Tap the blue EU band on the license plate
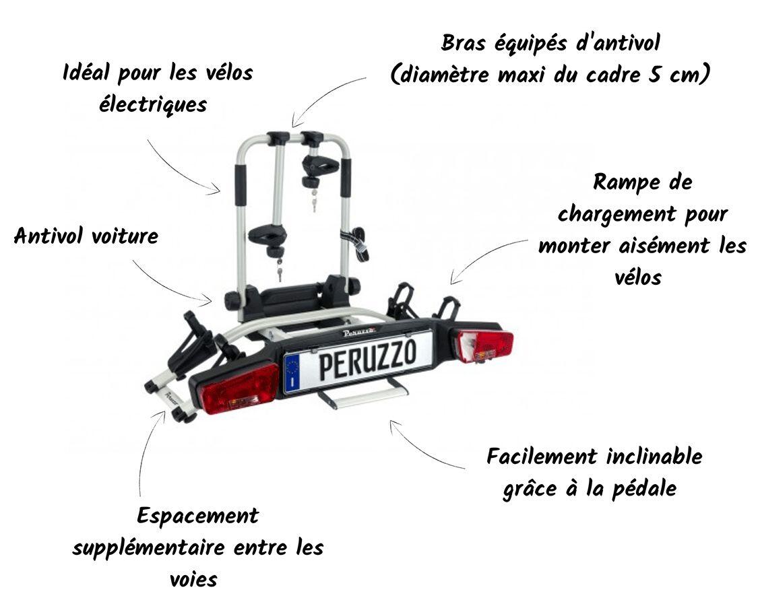tap(292, 372)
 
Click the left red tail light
tap(240, 389)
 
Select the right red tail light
tap(485, 346)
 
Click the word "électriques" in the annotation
tap(153, 104)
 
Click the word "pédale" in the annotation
tap(645, 489)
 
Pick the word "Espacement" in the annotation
tap(198, 516)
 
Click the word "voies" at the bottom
tap(194, 580)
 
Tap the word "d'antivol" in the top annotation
tap(618, 44)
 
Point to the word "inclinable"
tap(654, 457)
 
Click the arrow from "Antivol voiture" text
tap(169, 285)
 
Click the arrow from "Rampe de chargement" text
tap(483, 254)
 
